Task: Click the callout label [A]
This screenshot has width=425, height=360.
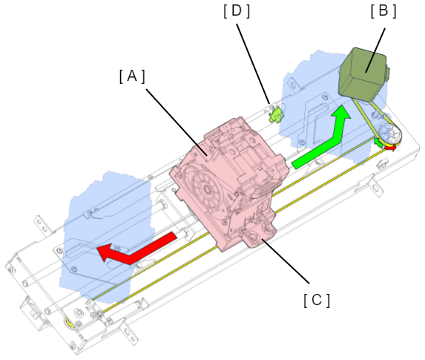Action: click(x=132, y=76)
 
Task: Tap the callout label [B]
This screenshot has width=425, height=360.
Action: click(x=383, y=11)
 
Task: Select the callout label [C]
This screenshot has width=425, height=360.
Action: click(x=317, y=301)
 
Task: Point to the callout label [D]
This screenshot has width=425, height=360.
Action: click(x=237, y=11)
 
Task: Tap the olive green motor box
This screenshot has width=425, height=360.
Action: click(x=363, y=75)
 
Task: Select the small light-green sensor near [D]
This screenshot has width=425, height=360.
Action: click(x=276, y=116)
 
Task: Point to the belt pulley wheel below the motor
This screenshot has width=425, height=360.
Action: click(x=390, y=135)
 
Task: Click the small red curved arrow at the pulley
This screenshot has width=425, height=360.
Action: click(x=391, y=148)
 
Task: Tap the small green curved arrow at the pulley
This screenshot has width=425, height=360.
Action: click(x=378, y=143)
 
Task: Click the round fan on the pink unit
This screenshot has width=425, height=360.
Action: click(x=205, y=189)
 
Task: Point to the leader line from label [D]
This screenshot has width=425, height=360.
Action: click(x=253, y=64)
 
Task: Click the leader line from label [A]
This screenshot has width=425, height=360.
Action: click(x=177, y=122)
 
